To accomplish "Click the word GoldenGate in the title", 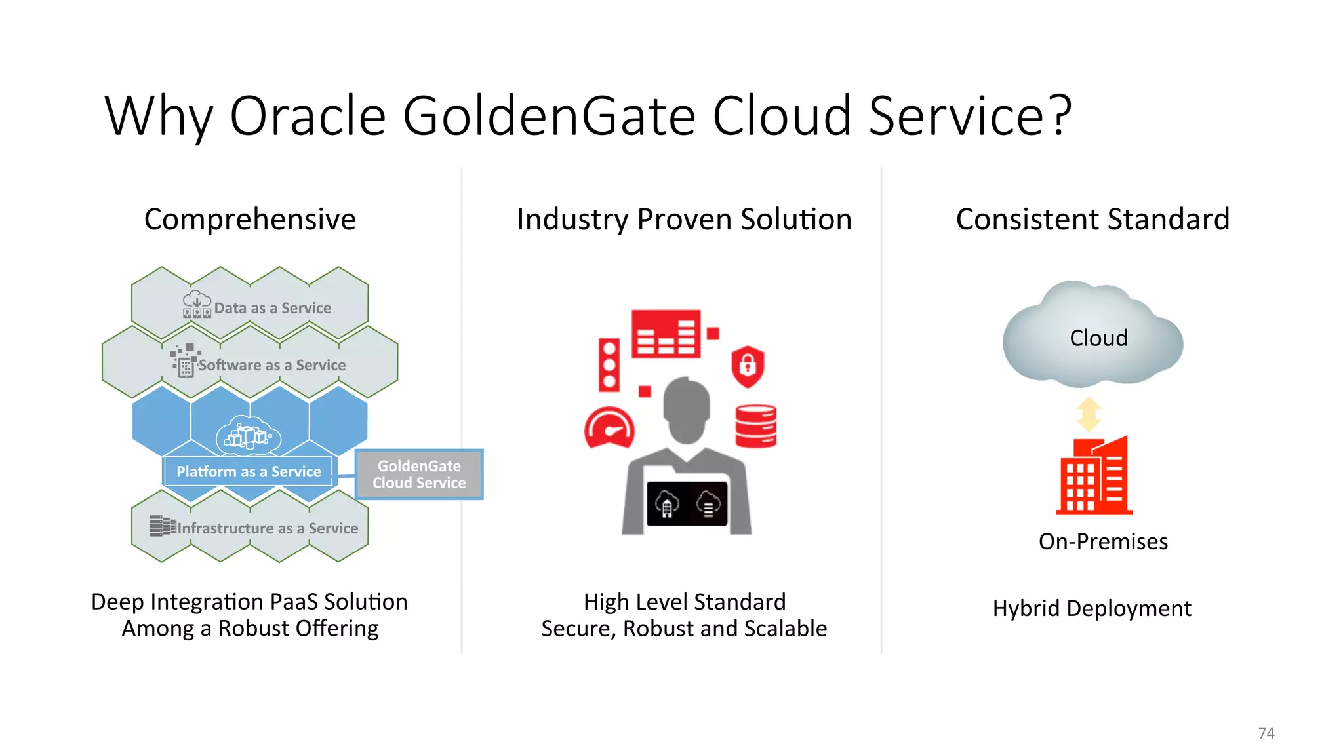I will coord(549,116).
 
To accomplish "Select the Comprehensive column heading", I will coord(250,219).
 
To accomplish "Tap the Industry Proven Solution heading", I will coord(684,219).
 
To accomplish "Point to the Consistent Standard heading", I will coord(1092,219).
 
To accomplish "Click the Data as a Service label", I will coord(271,308).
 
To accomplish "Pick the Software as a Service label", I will coord(271,365).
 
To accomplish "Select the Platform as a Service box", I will coord(249,471).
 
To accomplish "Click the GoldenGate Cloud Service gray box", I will coord(419,474).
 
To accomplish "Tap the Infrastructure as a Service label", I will coord(267,528).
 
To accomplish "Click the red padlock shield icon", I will coord(748,366).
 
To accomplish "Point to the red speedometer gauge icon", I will coord(609,429).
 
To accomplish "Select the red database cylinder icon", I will coord(756,426).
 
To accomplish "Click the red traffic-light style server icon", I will coord(609,365).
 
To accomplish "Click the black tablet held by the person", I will coord(687,504).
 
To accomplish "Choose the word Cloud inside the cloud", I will coord(1098,338).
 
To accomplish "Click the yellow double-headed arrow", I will coord(1089,414).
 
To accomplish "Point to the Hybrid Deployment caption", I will coord(1091,608).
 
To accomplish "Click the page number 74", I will coord(1266,733).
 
